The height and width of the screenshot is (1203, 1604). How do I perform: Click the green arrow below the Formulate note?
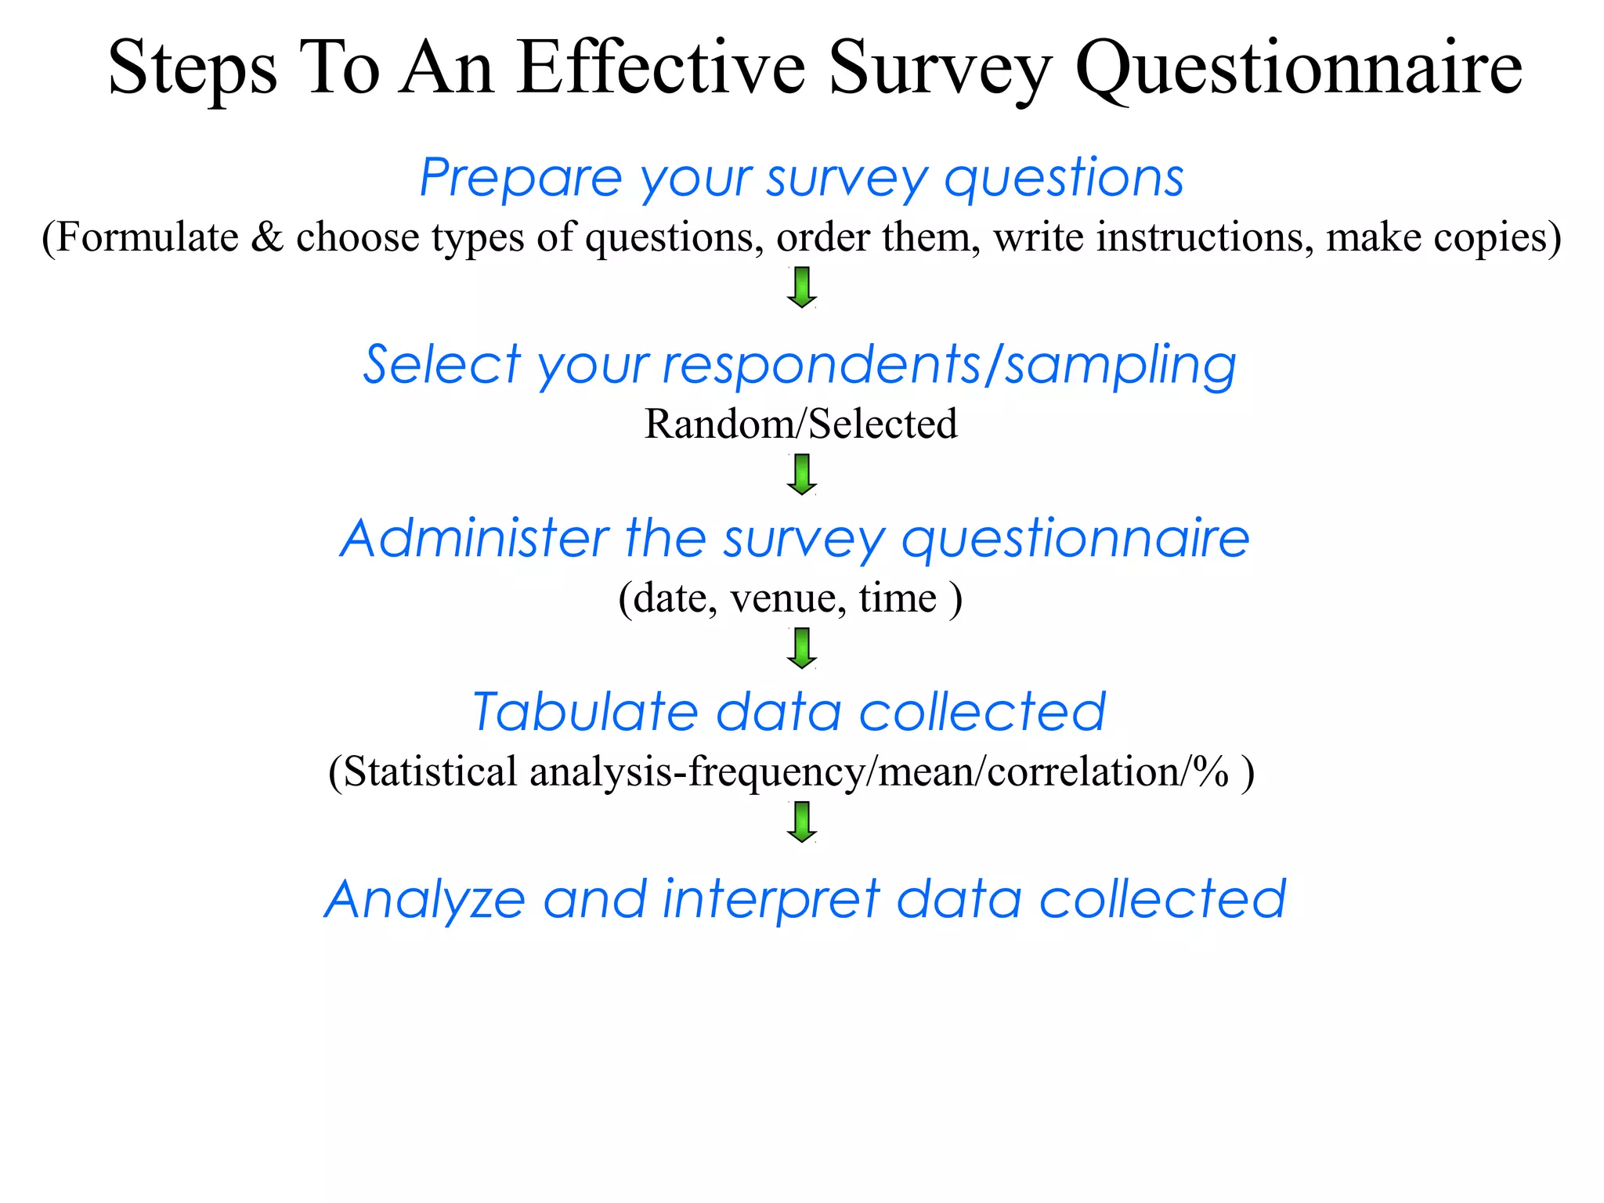(x=802, y=287)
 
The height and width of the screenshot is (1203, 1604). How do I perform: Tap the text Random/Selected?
(x=800, y=424)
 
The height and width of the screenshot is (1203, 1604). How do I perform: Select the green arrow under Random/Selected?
(x=802, y=475)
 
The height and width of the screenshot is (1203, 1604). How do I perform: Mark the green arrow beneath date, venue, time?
(x=802, y=648)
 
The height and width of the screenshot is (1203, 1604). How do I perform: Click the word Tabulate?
(x=585, y=712)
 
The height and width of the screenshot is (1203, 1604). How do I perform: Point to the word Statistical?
(x=430, y=771)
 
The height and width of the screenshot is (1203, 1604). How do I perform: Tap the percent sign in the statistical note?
(x=1210, y=771)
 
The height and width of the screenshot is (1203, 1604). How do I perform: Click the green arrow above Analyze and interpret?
(x=802, y=822)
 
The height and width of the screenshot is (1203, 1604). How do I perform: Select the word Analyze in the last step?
(x=424, y=899)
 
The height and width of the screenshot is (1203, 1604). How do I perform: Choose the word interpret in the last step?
(x=771, y=899)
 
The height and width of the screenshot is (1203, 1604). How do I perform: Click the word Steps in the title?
(x=193, y=69)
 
